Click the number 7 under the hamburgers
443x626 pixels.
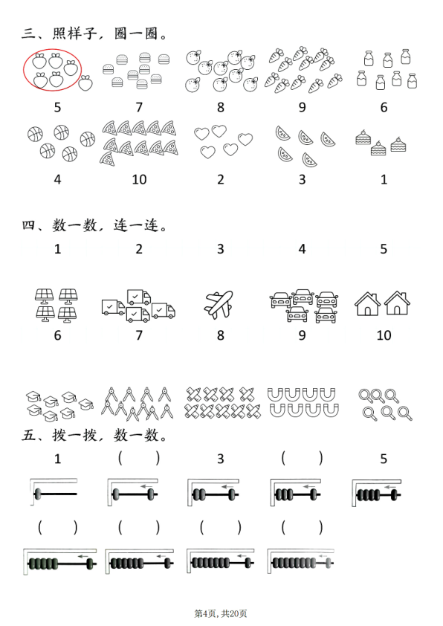tap(139, 107)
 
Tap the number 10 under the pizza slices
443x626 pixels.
tap(139, 178)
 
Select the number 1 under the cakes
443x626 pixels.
tap(384, 178)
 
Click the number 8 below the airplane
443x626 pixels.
tap(221, 335)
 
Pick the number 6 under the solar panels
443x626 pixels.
tap(57, 335)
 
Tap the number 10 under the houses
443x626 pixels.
tap(384, 335)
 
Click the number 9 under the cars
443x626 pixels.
tap(302, 335)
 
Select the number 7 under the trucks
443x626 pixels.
tap(139, 335)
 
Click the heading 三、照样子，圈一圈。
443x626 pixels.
tap(94, 33)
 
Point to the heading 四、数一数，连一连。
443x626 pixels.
tap(94, 224)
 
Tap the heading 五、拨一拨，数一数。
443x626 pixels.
tap(94, 434)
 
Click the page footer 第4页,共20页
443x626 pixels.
tap(221, 613)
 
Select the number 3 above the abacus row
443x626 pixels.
tap(221, 459)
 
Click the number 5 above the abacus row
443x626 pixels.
tap(384, 459)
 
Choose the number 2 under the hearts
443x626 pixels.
tap(221, 178)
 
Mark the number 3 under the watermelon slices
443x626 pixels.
tap(302, 178)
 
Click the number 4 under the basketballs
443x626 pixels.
tap(57, 178)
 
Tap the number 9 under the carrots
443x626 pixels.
tap(302, 107)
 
